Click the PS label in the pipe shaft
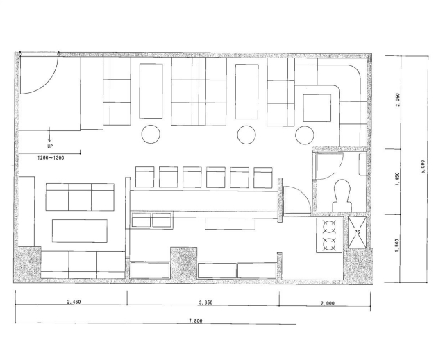[x=357, y=232]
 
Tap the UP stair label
[x=50, y=146]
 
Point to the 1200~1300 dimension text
[x=51, y=158]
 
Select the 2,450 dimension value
[x=74, y=302]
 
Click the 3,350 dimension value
[x=205, y=302]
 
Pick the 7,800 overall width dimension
[x=196, y=321]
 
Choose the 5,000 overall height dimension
[x=423, y=167]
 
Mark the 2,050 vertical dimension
[x=398, y=100]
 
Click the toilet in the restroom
[x=342, y=196]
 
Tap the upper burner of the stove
[x=329, y=227]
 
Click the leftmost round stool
[x=151, y=134]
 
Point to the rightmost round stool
[x=305, y=135]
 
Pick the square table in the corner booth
[x=317, y=108]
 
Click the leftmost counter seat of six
[x=144, y=177]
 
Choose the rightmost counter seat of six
[x=263, y=178]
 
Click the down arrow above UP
[x=50, y=134]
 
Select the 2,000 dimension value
[x=328, y=303]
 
